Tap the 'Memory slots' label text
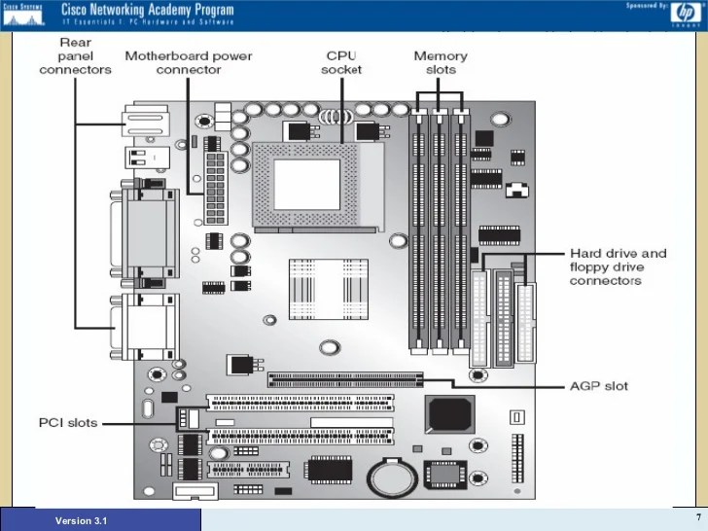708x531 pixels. (441, 63)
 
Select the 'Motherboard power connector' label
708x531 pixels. (188, 63)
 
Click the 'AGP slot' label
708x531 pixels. (598, 386)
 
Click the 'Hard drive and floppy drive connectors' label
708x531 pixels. (618, 266)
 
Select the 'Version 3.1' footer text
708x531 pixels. (82, 521)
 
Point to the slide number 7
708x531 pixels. (697, 514)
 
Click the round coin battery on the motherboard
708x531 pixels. (390, 477)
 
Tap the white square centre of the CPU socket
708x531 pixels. (305, 181)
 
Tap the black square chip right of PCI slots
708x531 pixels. (449, 415)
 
